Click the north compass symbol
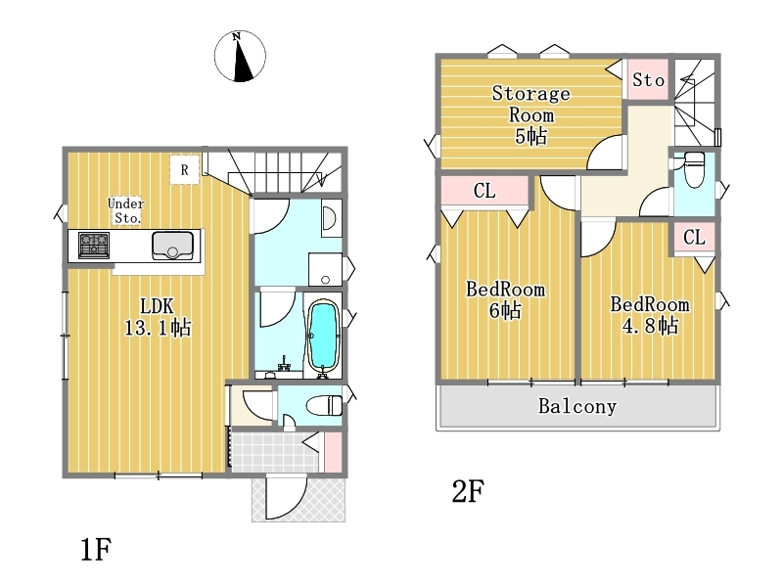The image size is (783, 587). point(240,56)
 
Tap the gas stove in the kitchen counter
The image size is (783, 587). point(94,246)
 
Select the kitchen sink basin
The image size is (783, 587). point(172,246)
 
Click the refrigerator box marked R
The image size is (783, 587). point(184,170)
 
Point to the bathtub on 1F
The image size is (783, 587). point(323,337)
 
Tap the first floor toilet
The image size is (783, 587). point(325,405)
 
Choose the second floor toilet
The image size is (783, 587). point(694,169)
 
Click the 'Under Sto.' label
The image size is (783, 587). point(126,210)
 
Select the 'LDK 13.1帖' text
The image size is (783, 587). point(158,316)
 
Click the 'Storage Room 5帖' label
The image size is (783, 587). point(530,114)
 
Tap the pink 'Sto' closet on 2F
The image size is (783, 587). point(648,80)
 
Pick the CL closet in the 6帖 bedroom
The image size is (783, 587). point(484,190)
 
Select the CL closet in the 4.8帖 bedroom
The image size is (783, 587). point(694,237)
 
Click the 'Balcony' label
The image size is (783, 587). point(577,406)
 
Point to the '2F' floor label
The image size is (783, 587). point(468,491)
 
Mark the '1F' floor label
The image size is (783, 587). point(95,550)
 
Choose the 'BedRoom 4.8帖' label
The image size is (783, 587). point(650,315)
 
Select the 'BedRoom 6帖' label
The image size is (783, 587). point(505,300)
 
